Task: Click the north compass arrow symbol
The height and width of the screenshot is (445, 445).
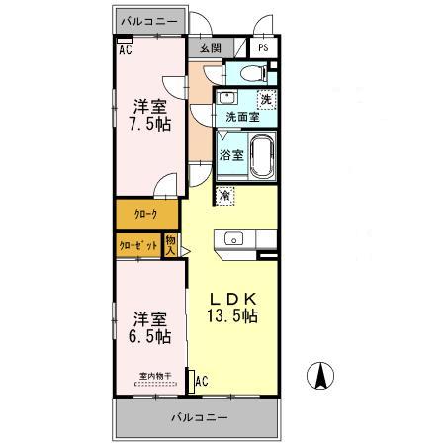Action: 322,377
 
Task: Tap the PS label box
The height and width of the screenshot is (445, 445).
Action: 263,47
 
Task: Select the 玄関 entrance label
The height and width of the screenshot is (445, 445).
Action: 210,47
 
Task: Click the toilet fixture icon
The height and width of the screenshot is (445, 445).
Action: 248,72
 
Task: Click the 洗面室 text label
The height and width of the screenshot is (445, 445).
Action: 242,117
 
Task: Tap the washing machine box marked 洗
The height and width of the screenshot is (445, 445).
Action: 266,98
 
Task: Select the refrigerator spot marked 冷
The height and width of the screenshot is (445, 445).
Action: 226,195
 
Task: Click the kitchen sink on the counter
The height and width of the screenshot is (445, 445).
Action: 234,237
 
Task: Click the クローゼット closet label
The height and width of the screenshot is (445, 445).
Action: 138,244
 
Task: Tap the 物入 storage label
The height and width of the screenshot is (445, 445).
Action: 171,244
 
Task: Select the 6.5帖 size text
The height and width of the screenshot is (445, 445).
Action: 148,336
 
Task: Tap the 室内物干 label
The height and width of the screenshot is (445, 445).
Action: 155,375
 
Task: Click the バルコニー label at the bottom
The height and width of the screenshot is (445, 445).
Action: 195,415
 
